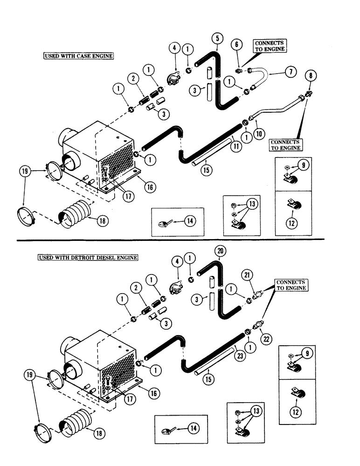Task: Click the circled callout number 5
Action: point(218,37)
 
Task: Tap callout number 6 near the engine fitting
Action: point(237,44)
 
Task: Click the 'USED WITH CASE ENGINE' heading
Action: point(78,55)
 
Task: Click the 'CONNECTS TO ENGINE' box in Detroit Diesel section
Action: point(291,285)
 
